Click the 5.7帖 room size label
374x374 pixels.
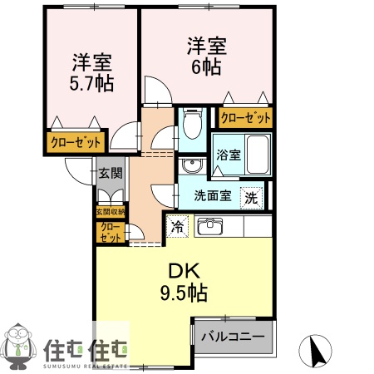tap(92, 73)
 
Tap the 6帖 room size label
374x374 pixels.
tap(206, 57)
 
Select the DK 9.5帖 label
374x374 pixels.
tap(183, 283)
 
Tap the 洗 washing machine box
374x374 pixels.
tap(252, 198)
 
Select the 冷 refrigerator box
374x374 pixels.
tap(178, 225)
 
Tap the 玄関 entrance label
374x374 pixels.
tap(111, 173)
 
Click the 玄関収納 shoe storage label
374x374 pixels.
tap(110, 212)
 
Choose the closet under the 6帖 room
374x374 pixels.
tap(246, 118)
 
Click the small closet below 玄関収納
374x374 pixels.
tap(110, 232)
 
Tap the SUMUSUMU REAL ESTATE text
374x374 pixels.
tap(83, 364)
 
